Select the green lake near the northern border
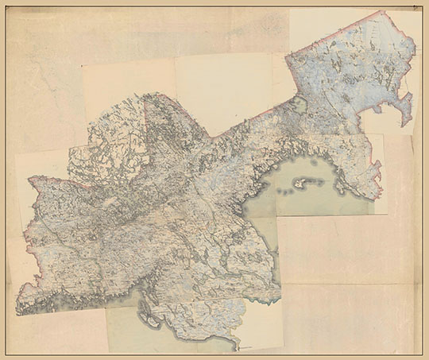pyautogui.click(x=299, y=104)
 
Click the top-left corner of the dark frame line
pyautogui.click(x=6, y=6)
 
